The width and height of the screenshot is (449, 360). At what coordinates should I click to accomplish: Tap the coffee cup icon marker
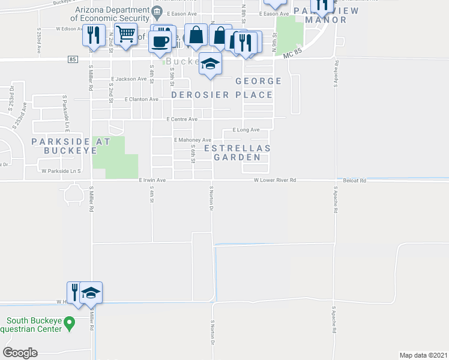pos(160,41)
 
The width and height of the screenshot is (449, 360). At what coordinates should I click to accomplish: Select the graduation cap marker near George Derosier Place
pos(210,64)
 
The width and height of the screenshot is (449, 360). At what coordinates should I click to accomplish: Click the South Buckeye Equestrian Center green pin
pos(70,325)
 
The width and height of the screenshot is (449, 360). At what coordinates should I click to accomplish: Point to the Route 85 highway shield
pos(73,59)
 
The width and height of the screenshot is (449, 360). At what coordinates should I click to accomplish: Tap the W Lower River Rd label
pos(275,179)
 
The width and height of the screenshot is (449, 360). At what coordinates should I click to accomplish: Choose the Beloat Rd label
pos(355,179)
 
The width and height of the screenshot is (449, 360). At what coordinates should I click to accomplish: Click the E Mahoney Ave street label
pos(192,140)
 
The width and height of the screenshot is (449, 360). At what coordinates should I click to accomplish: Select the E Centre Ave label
pos(182,119)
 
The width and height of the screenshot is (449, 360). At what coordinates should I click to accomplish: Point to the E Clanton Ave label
pos(142,99)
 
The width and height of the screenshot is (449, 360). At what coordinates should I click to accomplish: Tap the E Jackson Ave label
pos(128,79)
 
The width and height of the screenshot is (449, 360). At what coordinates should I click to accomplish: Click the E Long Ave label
pos(246,130)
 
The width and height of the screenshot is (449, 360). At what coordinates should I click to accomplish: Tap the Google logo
pos(20,353)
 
